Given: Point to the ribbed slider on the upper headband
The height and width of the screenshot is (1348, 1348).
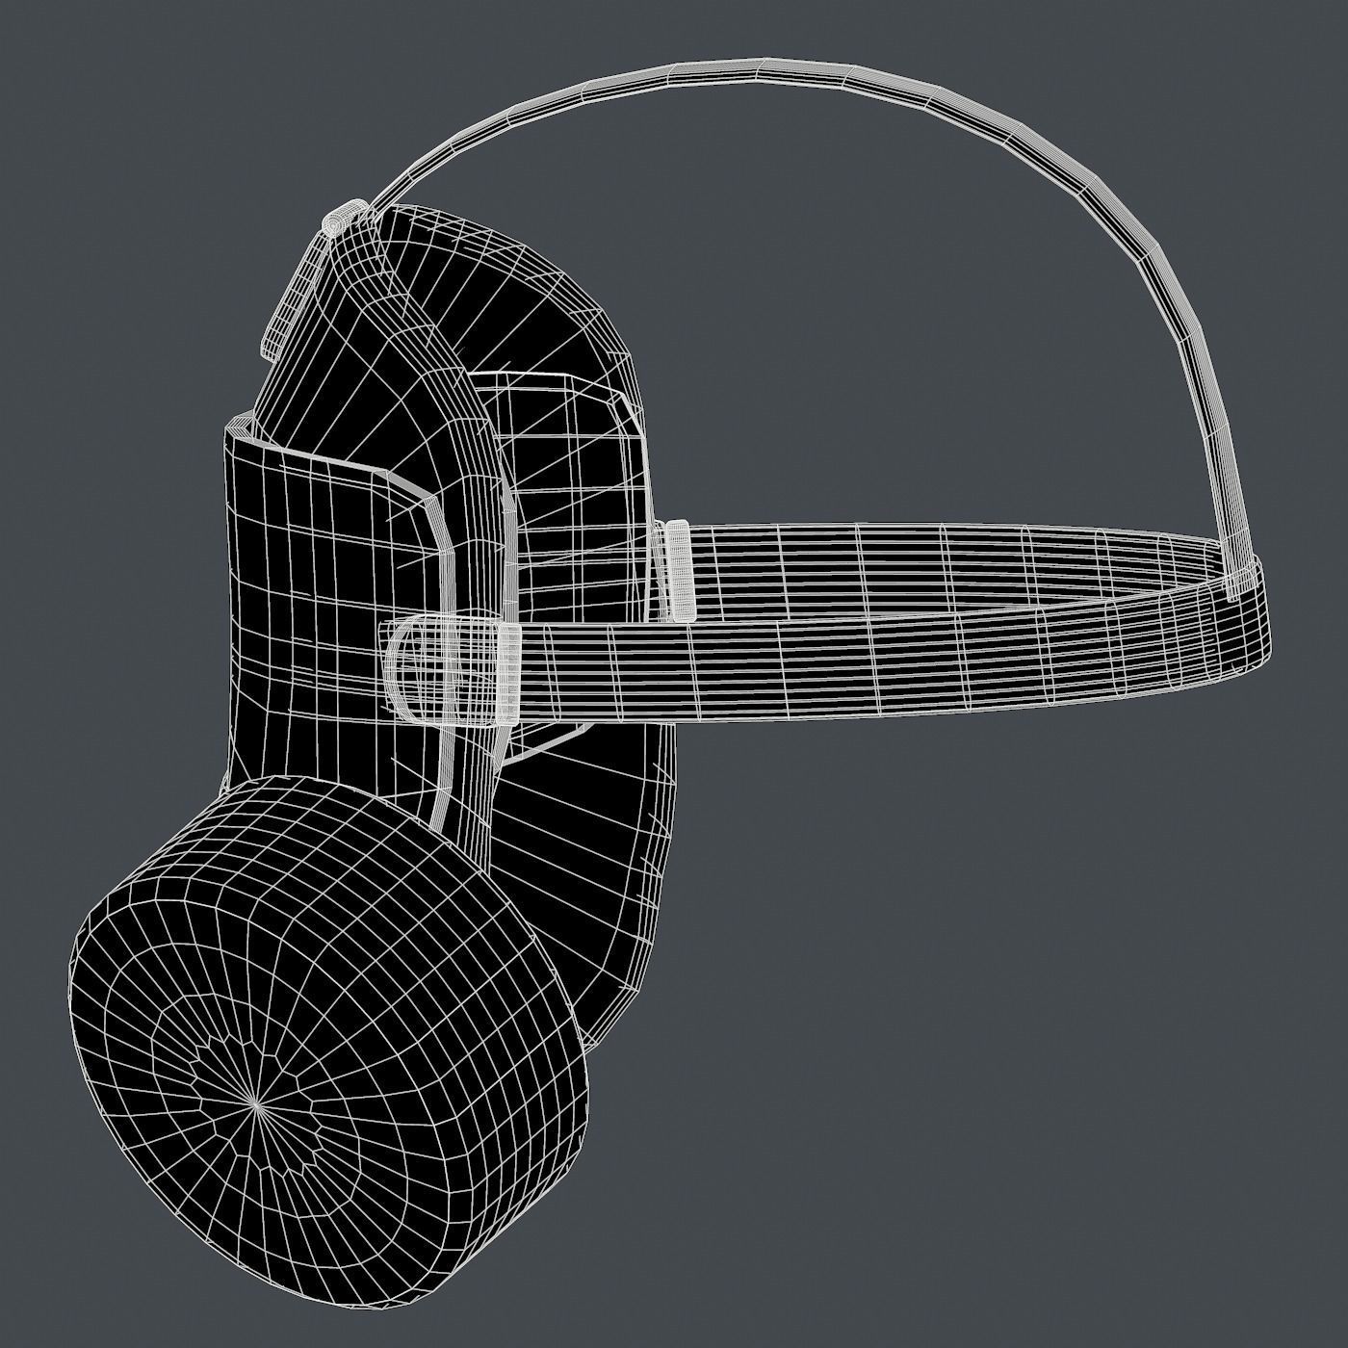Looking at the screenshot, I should (679, 569).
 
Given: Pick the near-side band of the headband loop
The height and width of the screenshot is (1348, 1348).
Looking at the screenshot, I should (867, 664).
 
